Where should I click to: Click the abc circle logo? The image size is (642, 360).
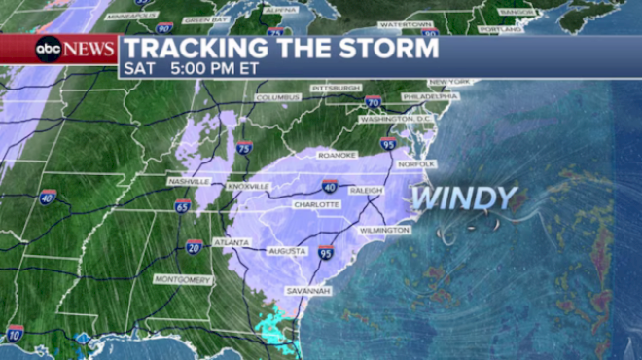click(x=49, y=49)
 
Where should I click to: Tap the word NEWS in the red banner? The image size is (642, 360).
click(x=90, y=49)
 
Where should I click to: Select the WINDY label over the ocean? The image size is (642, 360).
click(x=463, y=198)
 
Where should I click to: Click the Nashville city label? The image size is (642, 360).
click(x=189, y=182)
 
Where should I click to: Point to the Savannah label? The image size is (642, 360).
click(x=308, y=290)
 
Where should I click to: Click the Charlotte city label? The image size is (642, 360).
click(x=316, y=205)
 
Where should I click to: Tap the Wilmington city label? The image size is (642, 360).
click(x=383, y=230)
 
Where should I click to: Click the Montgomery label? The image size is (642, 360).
click(x=182, y=279)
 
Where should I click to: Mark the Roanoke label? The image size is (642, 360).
click(x=338, y=155)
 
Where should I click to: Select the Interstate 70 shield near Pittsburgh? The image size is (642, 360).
click(x=373, y=102)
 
